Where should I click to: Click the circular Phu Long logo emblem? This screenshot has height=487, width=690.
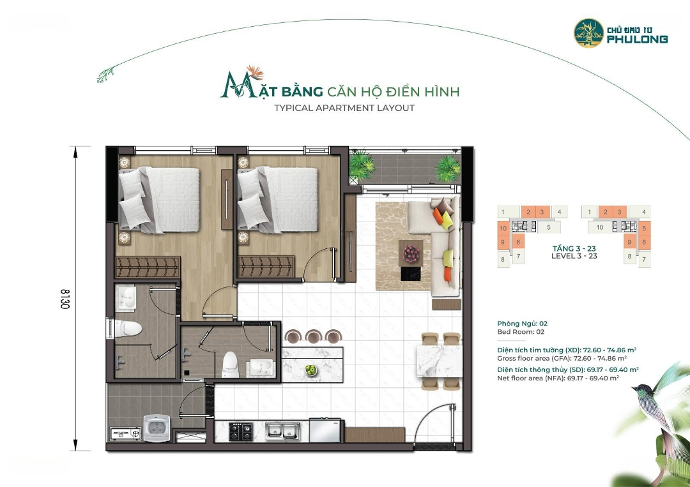(589, 33)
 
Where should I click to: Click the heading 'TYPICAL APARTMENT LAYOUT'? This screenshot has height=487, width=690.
(344, 108)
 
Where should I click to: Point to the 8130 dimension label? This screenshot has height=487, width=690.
(65, 299)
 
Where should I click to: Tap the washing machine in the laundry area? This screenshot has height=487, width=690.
(157, 428)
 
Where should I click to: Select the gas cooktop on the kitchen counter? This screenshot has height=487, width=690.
(241, 431)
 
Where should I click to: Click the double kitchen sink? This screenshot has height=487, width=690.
(282, 431)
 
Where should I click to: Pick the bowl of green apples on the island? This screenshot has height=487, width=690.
(311, 370)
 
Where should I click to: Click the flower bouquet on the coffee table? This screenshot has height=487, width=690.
(411, 253)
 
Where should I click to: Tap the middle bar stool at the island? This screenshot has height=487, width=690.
(313, 336)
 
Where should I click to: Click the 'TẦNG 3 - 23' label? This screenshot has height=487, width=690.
(574, 248)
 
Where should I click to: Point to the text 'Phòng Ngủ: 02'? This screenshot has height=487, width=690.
(523, 324)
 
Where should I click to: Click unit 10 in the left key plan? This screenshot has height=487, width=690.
(503, 228)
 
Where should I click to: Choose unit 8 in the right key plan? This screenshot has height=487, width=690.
(630, 256)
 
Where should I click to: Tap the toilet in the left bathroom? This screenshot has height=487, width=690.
(128, 328)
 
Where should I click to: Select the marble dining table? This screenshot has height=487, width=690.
(439, 361)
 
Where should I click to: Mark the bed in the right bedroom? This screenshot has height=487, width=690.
(277, 199)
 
